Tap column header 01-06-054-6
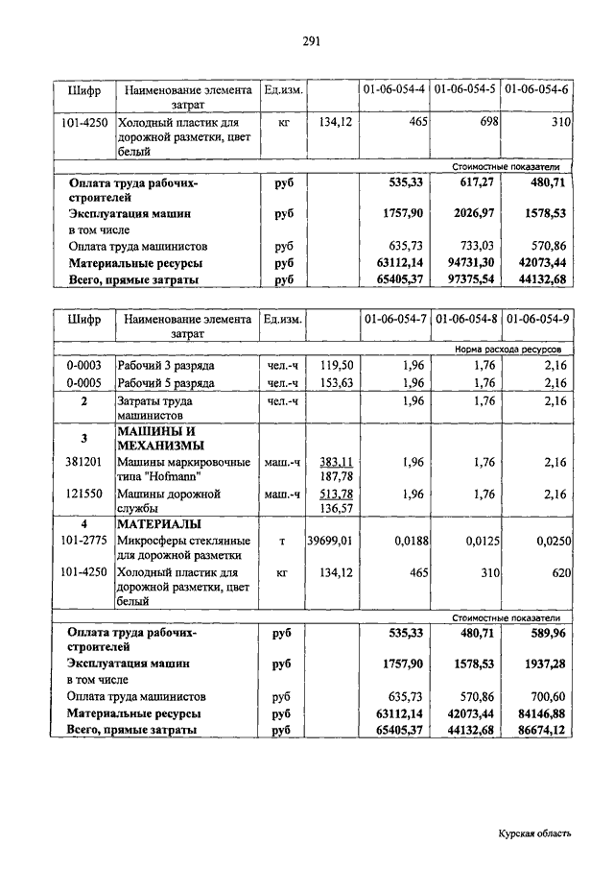pyautogui.click(x=536, y=90)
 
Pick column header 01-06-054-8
pyautogui.click(x=465, y=320)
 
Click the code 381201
pyautogui.click(x=83, y=462)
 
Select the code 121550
pyautogui.click(x=83, y=495)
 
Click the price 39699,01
pyautogui.click(x=330, y=542)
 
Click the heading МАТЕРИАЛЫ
pyautogui.click(x=158, y=525)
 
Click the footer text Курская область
pyautogui.click(x=534, y=834)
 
